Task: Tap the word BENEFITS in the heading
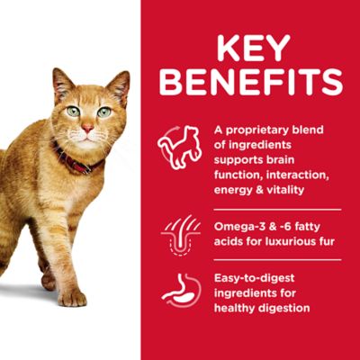coord(251,81)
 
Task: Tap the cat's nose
coord(86,130)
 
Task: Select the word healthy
coord(236,308)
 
